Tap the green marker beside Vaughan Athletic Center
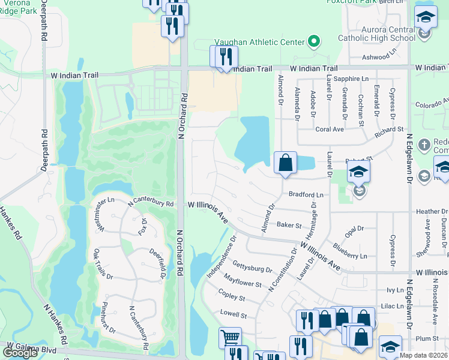tap(313, 41)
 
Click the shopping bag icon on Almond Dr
tap(285, 162)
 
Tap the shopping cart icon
tap(231, 337)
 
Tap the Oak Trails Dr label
tap(100, 265)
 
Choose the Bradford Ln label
tap(306, 195)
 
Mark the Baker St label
tap(289, 225)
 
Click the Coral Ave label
tap(330, 129)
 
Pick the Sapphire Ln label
tap(351, 79)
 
